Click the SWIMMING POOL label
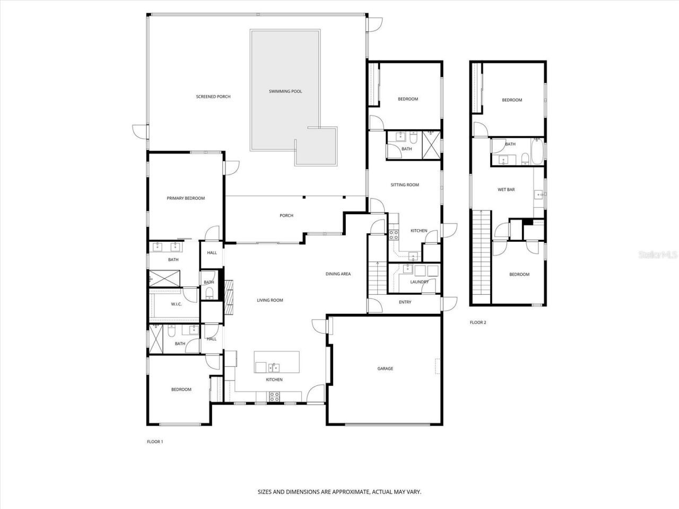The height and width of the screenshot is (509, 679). coord(285,92)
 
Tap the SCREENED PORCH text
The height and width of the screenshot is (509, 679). coord(213,96)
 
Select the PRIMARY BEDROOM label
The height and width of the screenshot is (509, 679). coord(186,198)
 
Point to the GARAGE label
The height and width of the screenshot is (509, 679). coord(385,368)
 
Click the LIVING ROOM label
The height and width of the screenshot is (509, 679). coord(270,300)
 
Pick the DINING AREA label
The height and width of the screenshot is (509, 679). coord(338,274)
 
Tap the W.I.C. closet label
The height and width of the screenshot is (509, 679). coord(177,304)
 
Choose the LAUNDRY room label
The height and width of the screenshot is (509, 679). coord(419,282)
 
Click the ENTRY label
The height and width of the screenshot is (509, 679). coord(405,302)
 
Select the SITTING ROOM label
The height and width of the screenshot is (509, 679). coord(405,185)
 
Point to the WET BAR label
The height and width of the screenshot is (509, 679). coord(506,189)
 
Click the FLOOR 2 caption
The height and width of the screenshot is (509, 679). coord(478,322)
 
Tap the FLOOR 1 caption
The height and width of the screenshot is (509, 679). coord(155,441)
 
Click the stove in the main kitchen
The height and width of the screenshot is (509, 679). coord(275,395)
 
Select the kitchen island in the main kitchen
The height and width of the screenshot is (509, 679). coord(276,363)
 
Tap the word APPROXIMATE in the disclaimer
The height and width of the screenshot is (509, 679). coord(350,492)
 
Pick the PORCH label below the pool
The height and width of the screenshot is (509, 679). coord(286,215)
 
